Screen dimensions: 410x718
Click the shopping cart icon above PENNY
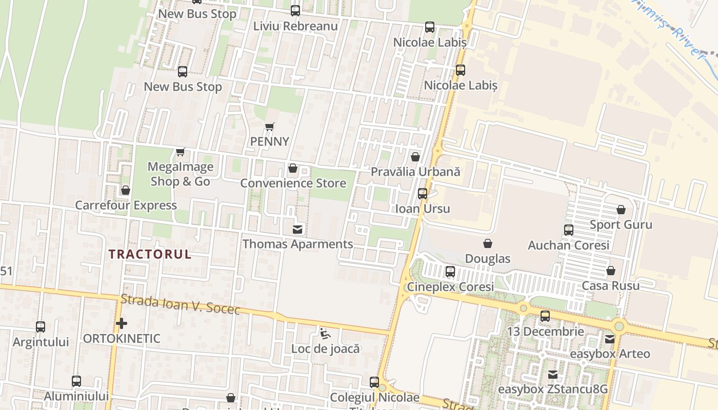(269, 127)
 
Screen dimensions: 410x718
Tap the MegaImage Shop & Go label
(180, 174)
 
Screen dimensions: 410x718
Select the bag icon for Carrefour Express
(126, 191)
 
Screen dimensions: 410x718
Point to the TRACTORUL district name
(150, 254)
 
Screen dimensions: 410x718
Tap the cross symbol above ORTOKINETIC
(122, 323)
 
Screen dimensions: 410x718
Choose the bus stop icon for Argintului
(41, 326)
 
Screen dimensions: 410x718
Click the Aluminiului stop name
(76, 396)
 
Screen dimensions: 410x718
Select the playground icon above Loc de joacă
(325, 334)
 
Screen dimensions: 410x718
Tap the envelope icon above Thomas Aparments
(297, 229)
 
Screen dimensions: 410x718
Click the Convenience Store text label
(293, 183)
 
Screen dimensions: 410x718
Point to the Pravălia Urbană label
(415, 172)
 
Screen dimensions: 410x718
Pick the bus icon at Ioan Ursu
(423, 194)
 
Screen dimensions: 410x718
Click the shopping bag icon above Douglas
(488, 243)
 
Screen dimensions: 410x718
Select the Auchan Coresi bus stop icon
(569, 230)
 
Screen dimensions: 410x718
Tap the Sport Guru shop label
(621, 224)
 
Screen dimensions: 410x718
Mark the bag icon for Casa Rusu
(611, 271)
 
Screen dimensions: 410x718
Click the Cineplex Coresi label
(450, 286)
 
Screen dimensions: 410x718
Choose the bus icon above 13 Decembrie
(545, 316)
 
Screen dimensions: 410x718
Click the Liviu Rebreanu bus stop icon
(295, 11)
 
